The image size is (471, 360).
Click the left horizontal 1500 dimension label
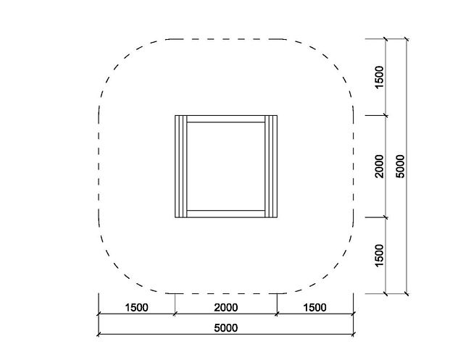tap(137, 308)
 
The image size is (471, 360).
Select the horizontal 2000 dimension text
tap(226, 308)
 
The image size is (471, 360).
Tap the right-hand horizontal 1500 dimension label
tap(314, 308)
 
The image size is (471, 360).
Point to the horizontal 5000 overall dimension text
tap(226, 328)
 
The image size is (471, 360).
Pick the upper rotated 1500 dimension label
tap(380, 78)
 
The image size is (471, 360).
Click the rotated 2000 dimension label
tap(380, 167)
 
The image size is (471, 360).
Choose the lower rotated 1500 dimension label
tap(380, 255)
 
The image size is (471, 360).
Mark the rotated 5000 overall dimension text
tap(401, 167)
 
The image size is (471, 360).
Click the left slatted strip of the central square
tap(181, 167)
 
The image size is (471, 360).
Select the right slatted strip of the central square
tap(271, 167)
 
